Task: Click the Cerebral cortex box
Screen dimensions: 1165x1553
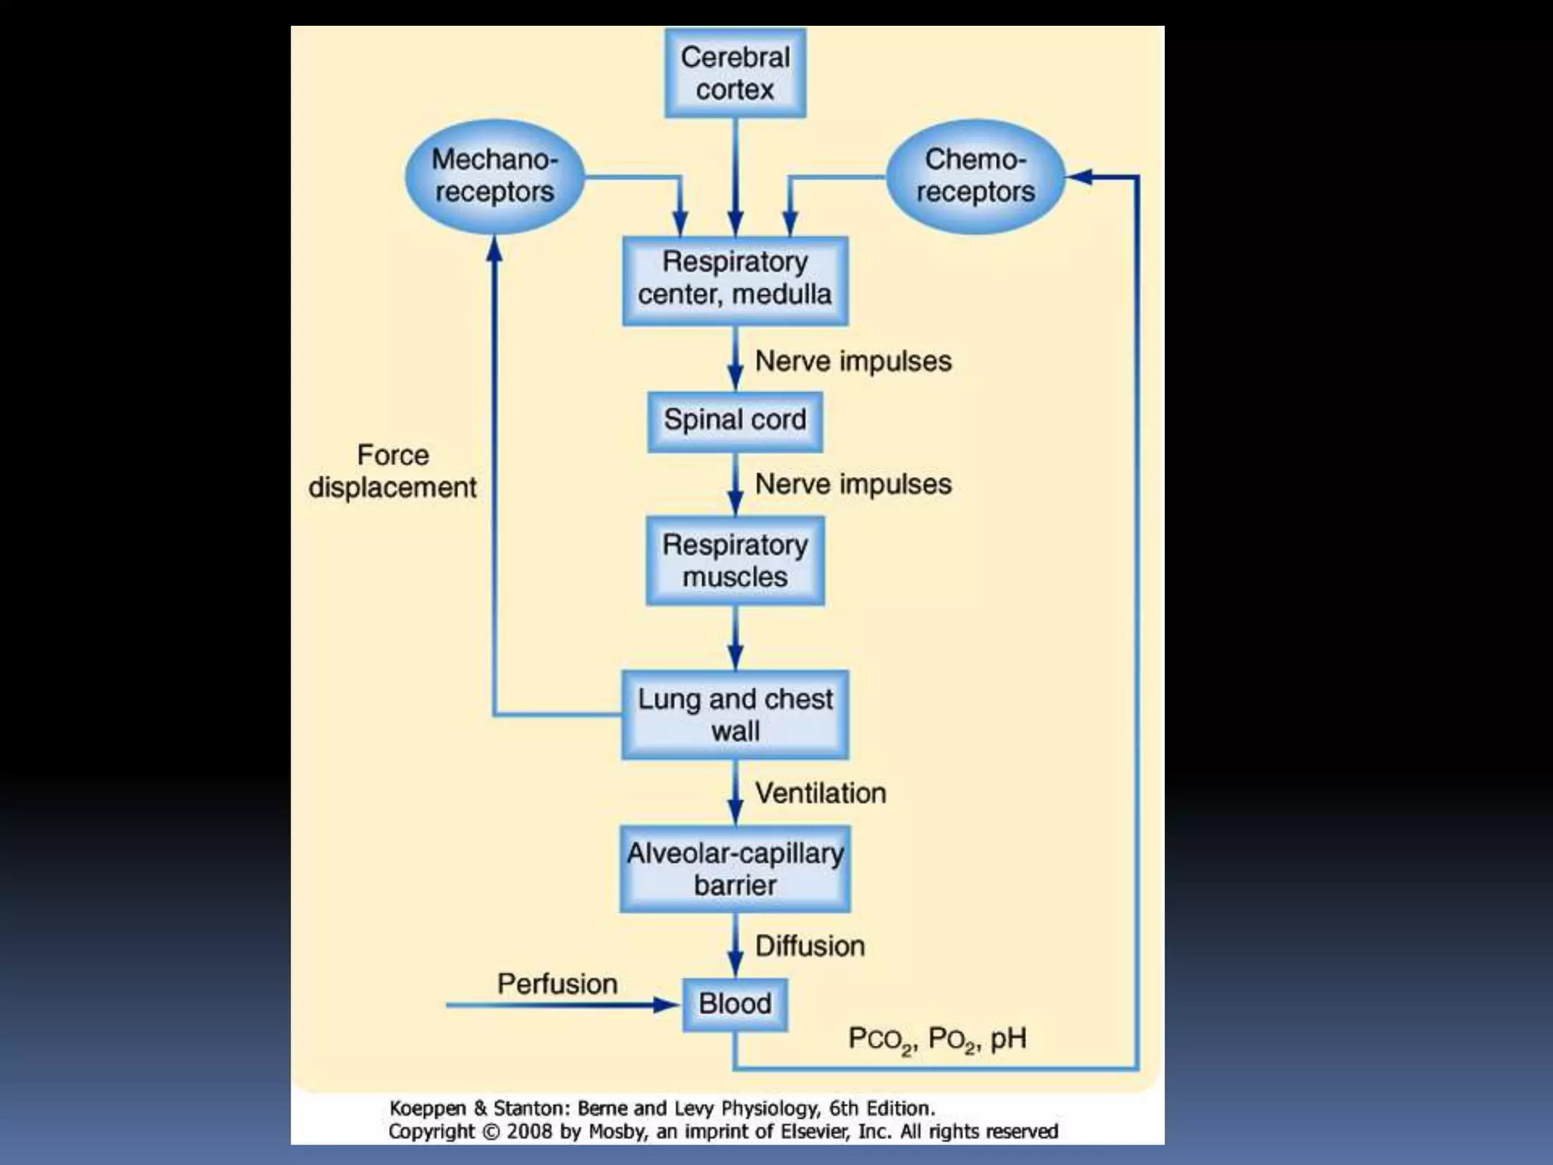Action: click(735, 74)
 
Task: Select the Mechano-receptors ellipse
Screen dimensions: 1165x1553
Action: click(494, 176)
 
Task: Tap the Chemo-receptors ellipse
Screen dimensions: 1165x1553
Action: click(975, 176)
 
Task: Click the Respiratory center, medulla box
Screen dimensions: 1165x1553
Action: click(735, 281)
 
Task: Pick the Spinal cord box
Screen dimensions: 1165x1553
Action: click(735, 421)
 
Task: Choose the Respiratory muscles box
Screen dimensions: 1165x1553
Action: click(735, 561)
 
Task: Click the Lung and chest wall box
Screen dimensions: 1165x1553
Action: click(735, 714)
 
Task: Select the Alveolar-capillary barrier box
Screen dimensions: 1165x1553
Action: click(735, 869)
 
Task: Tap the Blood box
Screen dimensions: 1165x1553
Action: click(735, 1004)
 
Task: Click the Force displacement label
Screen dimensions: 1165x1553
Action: click(392, 471)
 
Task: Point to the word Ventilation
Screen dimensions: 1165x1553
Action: click(820, 793)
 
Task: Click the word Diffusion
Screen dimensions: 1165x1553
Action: click(810, 947)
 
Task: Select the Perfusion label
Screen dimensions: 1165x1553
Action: click(557, 984)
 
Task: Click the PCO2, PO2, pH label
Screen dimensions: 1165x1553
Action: click(937, 1039)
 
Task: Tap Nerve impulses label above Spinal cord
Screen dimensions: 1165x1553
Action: click(853, 361)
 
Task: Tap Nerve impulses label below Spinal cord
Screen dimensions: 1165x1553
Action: click(853, 484)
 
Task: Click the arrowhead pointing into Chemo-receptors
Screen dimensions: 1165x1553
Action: click(1078, 177)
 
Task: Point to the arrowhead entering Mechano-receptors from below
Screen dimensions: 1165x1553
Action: click(494, 249)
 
